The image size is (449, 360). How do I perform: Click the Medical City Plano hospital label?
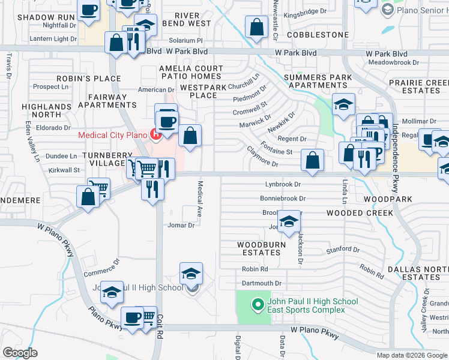pos(113,134)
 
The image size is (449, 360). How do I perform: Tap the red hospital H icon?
pos(156,134)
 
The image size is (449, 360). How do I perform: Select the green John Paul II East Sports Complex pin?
pos(258,305)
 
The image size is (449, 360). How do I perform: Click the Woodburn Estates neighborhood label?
pos(259,248)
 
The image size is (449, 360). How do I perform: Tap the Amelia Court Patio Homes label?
pos(191,72)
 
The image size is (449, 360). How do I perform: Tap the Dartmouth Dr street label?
pos(261,283)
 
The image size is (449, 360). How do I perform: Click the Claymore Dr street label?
pos(262,164)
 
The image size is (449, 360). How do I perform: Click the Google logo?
pos(20,352)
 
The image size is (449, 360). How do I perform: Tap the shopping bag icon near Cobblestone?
pos(257,27)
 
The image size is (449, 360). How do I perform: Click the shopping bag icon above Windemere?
pos(88,197)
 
